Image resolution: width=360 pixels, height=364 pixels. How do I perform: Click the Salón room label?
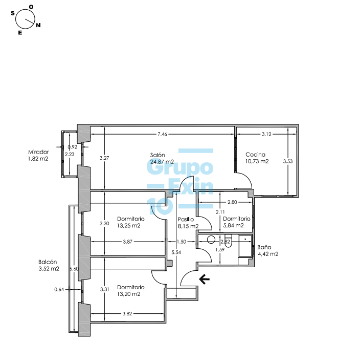(157, 155)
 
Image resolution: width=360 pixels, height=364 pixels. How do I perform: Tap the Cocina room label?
(256, 155)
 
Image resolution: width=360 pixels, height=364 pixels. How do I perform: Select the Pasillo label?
(186, 220)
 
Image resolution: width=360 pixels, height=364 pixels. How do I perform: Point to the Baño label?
(264, 247)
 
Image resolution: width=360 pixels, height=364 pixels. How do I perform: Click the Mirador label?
(38, 152)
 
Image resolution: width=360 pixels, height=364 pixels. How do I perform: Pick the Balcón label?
(48, 262)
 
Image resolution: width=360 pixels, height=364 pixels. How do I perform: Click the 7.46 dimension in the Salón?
(162, 134)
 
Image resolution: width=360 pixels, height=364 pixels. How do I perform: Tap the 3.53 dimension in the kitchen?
(288, 161)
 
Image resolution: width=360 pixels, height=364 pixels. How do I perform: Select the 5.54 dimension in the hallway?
(176, 252)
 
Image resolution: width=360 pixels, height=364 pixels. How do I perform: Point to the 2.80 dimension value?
(232, 202)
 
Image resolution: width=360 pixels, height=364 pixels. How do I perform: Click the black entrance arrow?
(204, 279)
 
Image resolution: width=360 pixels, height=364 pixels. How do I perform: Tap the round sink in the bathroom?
(211, 240)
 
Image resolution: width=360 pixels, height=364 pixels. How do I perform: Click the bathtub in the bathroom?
(245, 246)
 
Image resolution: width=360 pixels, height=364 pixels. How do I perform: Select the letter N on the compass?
(38, 25)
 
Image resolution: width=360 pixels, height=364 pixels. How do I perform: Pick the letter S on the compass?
(12, 13)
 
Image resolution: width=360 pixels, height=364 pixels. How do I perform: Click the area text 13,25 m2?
(129, 226)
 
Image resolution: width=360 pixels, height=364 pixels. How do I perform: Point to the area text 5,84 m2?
(233, 225)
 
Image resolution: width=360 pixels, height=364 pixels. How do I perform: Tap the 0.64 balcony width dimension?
(59, 289)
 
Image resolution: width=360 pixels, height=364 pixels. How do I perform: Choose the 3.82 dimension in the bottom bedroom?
(127, 314)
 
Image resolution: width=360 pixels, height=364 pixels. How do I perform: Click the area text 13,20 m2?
(129, 294)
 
